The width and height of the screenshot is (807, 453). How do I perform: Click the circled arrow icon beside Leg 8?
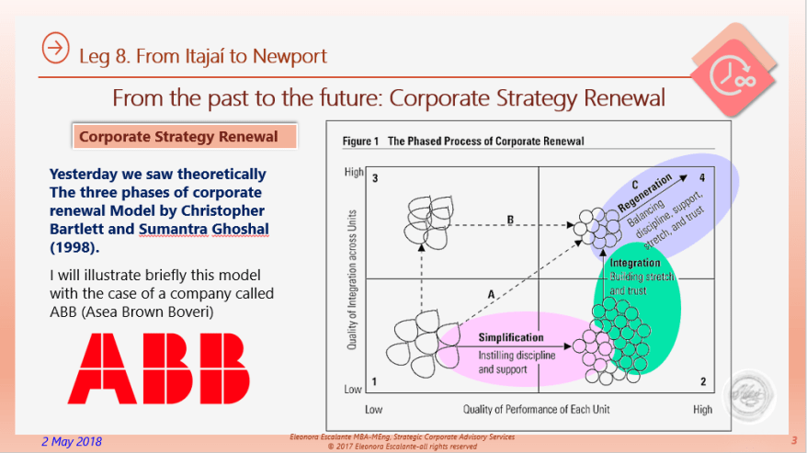[56, 49]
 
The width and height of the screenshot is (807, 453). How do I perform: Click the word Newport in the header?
[290, 56]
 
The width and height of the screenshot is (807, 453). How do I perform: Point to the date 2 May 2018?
[72, 441]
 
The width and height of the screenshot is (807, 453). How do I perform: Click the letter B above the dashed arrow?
[511, 219]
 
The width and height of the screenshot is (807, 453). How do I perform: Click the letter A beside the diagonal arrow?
[492, 293]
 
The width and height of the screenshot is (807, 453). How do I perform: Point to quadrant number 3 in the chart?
[375, 177]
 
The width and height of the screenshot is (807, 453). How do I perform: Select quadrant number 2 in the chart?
[701, 381]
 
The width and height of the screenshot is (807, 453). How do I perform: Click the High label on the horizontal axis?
[702, 408]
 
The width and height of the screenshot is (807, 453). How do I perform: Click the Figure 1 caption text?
[463, 142]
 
